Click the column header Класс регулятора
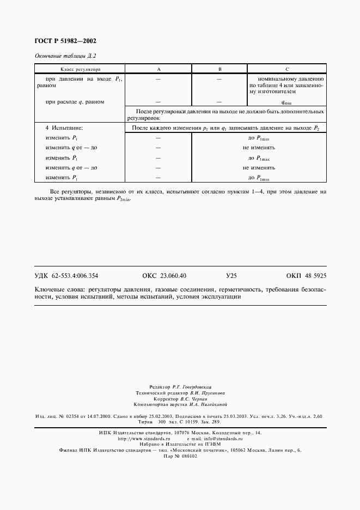[x=80, y=70]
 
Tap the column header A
[x=158, y=70]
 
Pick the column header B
[x=219, y=70]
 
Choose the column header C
[x=286, y=70]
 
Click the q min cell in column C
[x=286, y=102]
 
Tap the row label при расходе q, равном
[x=75, y=102]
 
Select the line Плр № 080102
[x=180, y=456]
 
